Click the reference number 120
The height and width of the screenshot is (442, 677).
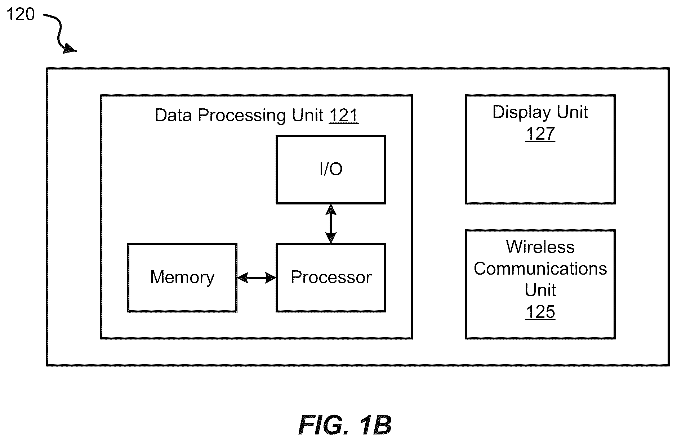(x=21, y=14)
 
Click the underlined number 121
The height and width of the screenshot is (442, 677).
(x=344, y=116)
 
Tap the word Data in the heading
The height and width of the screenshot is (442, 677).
(x=173, y=116)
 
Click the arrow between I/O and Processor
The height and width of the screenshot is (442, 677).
(x=331, y=224)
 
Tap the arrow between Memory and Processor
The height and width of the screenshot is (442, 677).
(x=257, y=278)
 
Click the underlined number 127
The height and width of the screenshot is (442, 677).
(x=540, y=134)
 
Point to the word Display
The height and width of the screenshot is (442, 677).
(x=522, y=112)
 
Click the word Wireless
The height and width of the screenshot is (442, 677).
(x=540, y=247)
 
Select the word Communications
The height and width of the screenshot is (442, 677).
(x=540, y=269)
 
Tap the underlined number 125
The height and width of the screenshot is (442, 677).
(x=540, y=312)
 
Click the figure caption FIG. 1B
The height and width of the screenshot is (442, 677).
(x=345, y=425)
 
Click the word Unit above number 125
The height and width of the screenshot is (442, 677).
(x=540, y=290)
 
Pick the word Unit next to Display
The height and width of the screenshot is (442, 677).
(x=573, y=112)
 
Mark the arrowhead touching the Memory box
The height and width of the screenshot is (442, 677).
(x=242, y=278)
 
